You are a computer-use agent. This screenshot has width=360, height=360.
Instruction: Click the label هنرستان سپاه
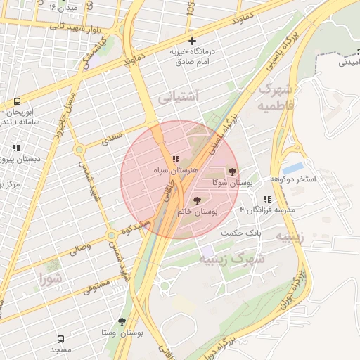(x=176, y=171)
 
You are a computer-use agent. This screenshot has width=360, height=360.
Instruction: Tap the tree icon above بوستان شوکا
(x=232, y=171)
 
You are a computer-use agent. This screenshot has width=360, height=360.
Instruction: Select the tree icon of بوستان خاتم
(x=196, y=200)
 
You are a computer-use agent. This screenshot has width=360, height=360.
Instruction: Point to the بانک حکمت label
(x=240, y=232)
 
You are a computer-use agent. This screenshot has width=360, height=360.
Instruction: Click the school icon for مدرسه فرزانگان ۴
(x=267, y=199)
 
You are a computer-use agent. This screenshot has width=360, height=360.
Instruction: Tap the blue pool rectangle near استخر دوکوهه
(x=294, y=168)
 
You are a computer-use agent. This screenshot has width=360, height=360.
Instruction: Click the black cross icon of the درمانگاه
(x=192, y=41)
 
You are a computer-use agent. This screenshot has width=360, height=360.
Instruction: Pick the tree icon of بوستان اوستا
(x=122, y=321)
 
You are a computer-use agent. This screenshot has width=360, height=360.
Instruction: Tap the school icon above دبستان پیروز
(x=15, y=148)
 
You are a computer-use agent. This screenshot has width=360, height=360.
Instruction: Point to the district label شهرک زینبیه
(x=232, y=259)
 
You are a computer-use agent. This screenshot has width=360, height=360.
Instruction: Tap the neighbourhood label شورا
(x=51, y=278)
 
